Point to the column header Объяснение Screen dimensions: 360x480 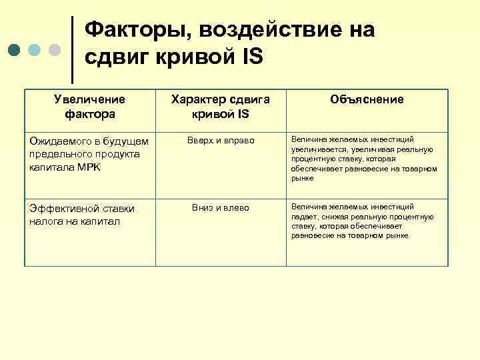[x=367, y=99]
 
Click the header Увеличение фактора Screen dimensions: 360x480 [x=90, y=106]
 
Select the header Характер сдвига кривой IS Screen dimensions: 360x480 [x=220, y=106]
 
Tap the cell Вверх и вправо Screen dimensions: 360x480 [x=221, y=141]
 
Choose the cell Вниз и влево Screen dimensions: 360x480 [x=221, y=208]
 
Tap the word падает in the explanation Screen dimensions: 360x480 [x=304, y=217]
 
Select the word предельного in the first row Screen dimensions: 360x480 [x=61, y=155]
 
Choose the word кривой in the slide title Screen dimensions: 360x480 [x=187, y=57]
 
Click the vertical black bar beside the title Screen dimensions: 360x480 [x=72, y=45]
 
